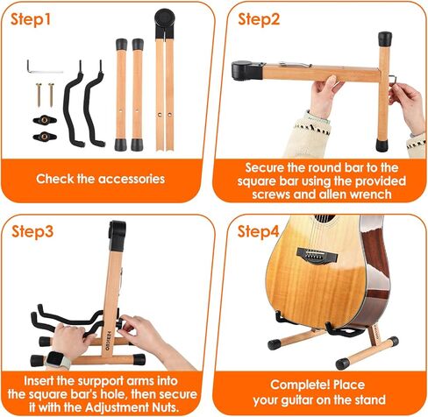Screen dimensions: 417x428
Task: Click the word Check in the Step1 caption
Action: (57, 179)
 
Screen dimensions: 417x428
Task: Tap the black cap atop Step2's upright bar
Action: (384, 39)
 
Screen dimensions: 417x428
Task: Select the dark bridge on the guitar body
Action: (316, 253)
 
